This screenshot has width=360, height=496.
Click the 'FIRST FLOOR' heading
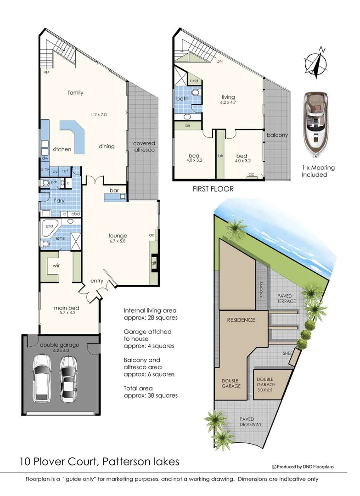coord(214,189)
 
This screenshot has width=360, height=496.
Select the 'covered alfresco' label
coord(144,147)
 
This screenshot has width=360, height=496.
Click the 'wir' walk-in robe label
coord(56,265)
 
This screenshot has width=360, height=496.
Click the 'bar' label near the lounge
coord(114,190)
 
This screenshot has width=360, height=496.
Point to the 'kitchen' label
coord(62,149)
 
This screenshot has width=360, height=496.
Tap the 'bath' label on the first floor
coord(182,99)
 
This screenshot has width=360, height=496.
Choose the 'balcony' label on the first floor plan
coord(277,135)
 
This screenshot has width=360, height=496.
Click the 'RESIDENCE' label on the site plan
coord(241,320)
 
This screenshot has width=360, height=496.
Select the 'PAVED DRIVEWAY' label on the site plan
coord(250,422)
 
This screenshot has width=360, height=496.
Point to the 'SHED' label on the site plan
coord(288,353)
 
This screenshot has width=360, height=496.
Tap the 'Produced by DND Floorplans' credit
coord(303,467)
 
